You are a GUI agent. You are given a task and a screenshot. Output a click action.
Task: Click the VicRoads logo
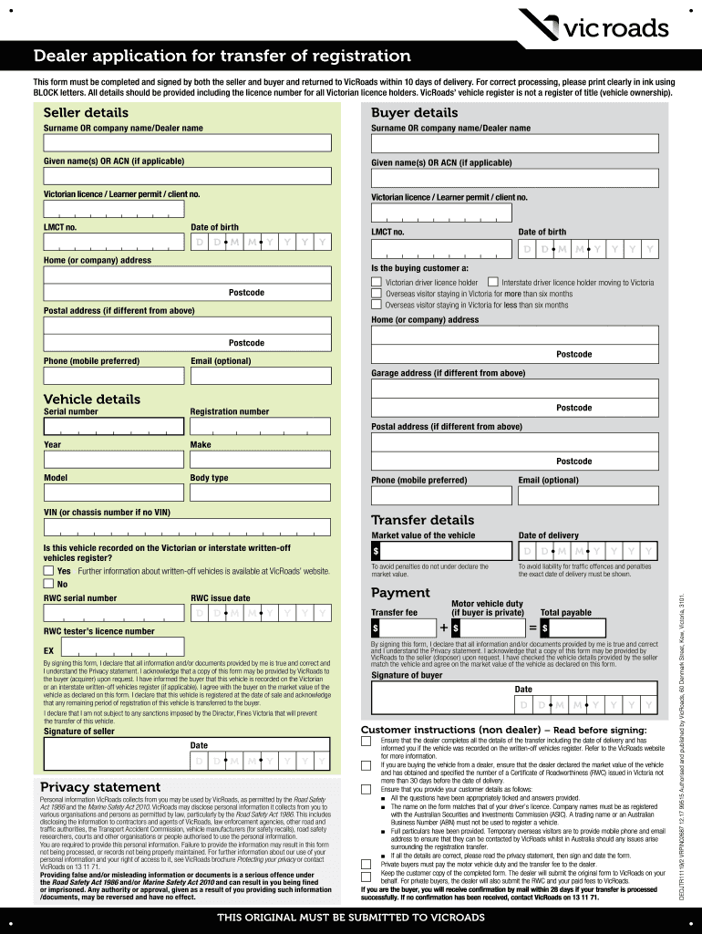[x=593, y=26]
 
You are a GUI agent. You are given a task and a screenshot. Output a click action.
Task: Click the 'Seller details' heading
[x=86, y=112]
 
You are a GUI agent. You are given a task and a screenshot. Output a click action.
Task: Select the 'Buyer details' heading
[x=414, y=112]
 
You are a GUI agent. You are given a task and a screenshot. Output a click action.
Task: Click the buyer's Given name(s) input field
[x=514, y=178]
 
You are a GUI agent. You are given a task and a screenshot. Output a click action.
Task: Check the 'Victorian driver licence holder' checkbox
[x=377, y=283]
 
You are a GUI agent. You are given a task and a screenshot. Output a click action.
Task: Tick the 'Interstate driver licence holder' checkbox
[x=493, y=283]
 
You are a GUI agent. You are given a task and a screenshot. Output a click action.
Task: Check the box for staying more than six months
[x=377, y=294]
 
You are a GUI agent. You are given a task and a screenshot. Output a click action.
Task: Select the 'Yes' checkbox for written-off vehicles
[x=48, y=571]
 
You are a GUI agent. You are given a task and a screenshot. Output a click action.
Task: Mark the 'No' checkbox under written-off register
[x=48, y=584]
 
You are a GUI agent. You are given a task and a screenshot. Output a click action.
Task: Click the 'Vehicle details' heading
[x=92, y=399]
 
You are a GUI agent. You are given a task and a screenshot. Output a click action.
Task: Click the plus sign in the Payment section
[x=443, y=628]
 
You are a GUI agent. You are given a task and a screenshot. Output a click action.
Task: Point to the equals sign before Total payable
[x=532, y=628]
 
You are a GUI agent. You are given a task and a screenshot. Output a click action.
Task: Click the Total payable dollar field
[x=572, y=628]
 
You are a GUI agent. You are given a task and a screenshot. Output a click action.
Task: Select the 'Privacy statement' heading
[x=100, y=786]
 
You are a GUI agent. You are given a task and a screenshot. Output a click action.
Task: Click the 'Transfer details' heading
[x=422, y=520]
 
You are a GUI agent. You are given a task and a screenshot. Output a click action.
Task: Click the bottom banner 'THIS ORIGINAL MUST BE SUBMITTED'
[x=351, y=917]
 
